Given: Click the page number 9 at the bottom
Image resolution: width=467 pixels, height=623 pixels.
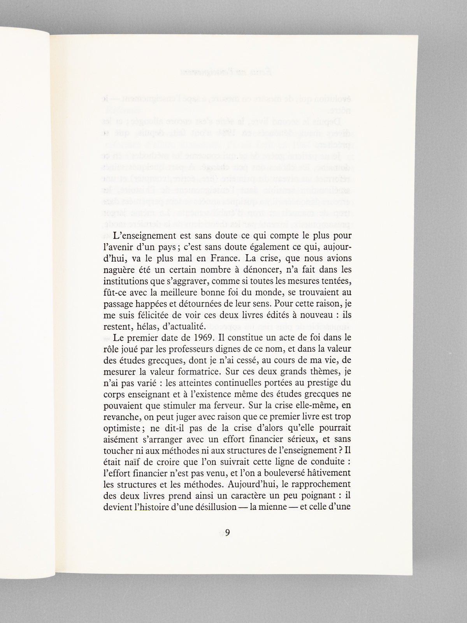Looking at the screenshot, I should [228, 532].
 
